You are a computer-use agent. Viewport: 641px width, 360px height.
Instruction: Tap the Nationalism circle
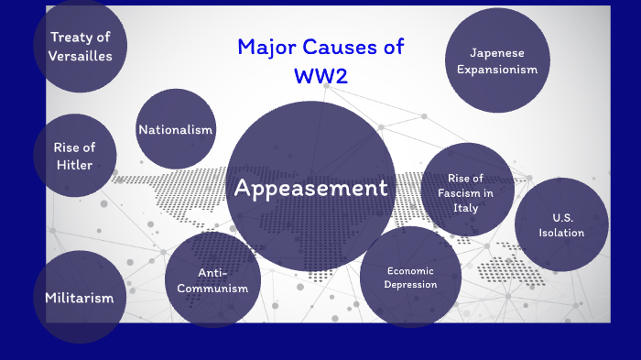(x=175, y=129)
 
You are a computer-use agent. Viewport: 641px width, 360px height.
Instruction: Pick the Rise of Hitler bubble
(x=75, y=156)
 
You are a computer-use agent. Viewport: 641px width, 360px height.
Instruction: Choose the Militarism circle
(x=80, y=297)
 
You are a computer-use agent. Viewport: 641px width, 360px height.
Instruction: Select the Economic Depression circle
(x=410, y=277)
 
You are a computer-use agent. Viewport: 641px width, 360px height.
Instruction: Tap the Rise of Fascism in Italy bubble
(x=467, y=191)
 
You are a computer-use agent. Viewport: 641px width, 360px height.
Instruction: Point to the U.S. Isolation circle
(x=561, y=224)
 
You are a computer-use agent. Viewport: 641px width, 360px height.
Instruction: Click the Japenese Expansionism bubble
(x=496, y=60)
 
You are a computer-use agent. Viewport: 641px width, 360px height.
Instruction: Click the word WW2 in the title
(x=320, y=76)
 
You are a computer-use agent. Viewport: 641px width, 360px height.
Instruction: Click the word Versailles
(x=81, y=56)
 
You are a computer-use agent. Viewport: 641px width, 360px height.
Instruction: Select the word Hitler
(x=74, y=165)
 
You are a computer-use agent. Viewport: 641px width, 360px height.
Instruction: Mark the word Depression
(x=411, y=284)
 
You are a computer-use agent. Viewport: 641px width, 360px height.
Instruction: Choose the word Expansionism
(x=496, y=70)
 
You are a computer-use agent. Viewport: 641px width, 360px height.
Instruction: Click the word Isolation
(x=562, y=233)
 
